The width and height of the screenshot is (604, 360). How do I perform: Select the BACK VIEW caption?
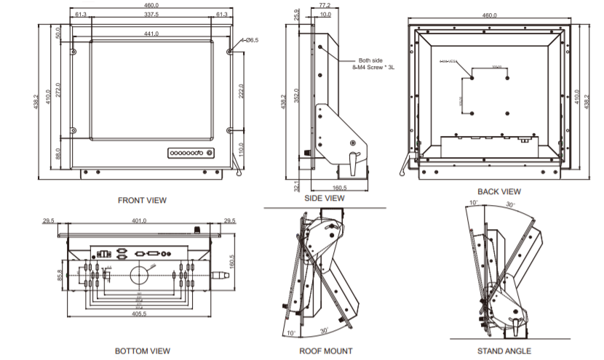500,191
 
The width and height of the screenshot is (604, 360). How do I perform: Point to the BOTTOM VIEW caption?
143,351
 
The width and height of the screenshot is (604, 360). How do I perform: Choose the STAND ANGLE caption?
507,351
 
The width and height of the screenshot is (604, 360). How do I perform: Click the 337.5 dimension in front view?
152,15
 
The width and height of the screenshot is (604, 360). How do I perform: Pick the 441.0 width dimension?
151,34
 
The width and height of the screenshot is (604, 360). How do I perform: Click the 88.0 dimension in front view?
58,153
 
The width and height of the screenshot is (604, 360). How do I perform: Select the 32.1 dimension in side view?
297,184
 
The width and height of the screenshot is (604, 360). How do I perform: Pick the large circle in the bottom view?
140,274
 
